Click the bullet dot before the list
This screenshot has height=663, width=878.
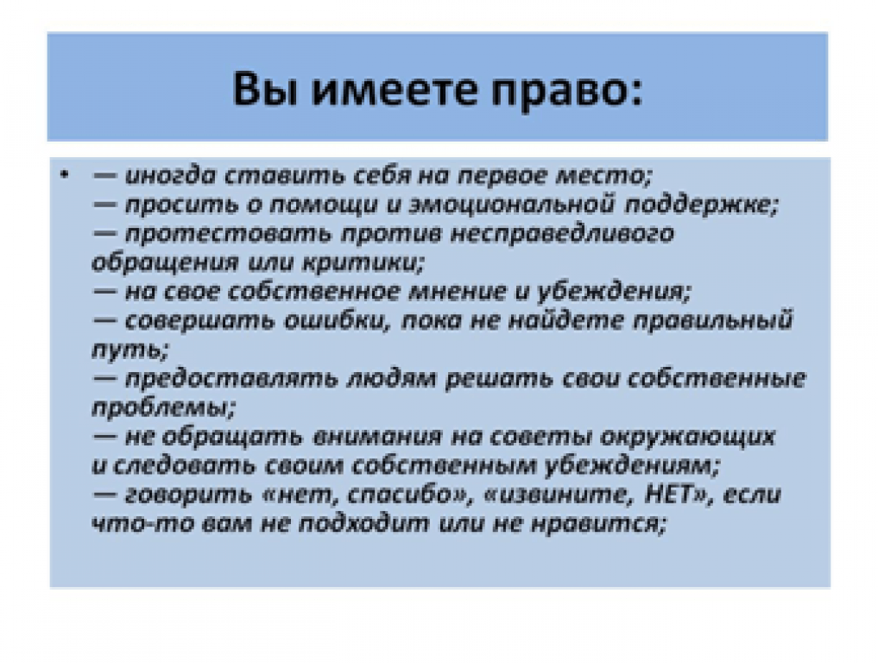click(65, 176)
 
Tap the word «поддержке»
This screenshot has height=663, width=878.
click(700, 205)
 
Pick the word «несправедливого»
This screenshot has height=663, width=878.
click(562, 234)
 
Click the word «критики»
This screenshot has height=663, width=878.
click(363, 263)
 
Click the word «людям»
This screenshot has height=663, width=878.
click(391, 379)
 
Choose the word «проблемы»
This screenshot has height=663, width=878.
click(162, 407)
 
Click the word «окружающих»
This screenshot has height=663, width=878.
click(687, 437)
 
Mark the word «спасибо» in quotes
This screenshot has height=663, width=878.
click(399, 495)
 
